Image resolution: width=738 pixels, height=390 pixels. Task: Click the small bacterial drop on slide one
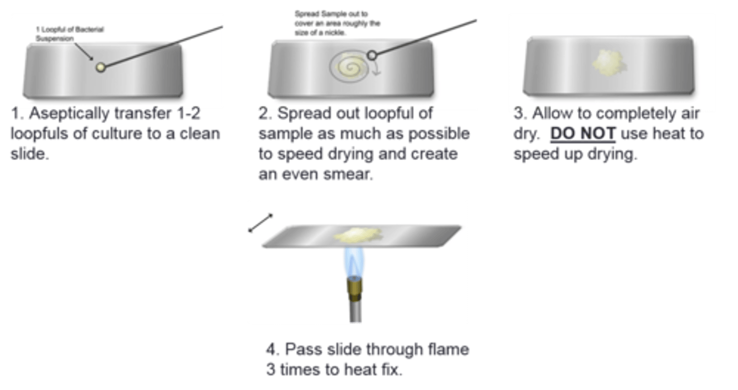pyautogui.click(x=101, y=67)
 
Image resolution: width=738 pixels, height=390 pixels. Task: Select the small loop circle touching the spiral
pyautogui.click(x=373, y=55)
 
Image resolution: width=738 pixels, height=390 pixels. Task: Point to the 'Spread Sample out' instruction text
pyautogui.click(x=337, y=23)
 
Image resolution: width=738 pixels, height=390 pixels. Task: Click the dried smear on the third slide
pyautogui.click(x=608, y=62)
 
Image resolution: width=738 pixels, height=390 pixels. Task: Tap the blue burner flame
pyautogui.click(x=354, y=262)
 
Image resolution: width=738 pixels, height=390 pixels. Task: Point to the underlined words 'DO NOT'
pyautogui.click(x=583, y=134)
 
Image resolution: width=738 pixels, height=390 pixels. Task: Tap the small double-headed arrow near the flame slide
pyautogui.click(x=260, y=223)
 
